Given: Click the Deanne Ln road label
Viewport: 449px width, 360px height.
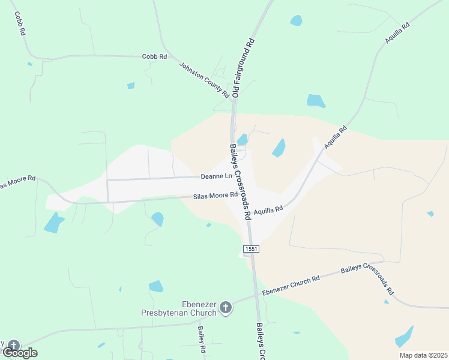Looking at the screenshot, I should coord(216,176).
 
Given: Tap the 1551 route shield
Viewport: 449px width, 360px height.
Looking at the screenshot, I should coord(251,248).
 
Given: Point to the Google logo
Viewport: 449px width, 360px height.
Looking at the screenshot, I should coord(20,353).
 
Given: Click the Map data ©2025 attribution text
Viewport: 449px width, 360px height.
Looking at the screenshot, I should coord(423,355).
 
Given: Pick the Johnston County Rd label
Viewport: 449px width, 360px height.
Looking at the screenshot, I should coord(204,79).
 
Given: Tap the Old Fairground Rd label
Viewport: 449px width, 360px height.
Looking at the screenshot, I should coord(244,68).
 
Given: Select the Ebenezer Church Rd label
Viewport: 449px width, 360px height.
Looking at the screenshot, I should coord(291,283).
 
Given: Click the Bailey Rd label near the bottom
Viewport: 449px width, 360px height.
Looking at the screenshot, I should coord(201,339).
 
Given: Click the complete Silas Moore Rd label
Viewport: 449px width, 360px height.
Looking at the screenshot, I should coord(215,196).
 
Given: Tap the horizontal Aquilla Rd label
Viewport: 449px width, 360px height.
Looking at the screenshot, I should coord(268,210).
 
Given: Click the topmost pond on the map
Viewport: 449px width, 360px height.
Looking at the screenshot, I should coord(296,20).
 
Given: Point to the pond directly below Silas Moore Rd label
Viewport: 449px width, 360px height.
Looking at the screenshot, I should coord(157,218).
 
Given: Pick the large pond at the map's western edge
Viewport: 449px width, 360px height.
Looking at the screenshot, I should coord(54,223).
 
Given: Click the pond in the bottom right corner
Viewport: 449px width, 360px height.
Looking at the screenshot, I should coord(404,337).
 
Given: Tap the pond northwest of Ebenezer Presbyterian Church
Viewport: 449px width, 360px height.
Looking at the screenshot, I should coord(156,286).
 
